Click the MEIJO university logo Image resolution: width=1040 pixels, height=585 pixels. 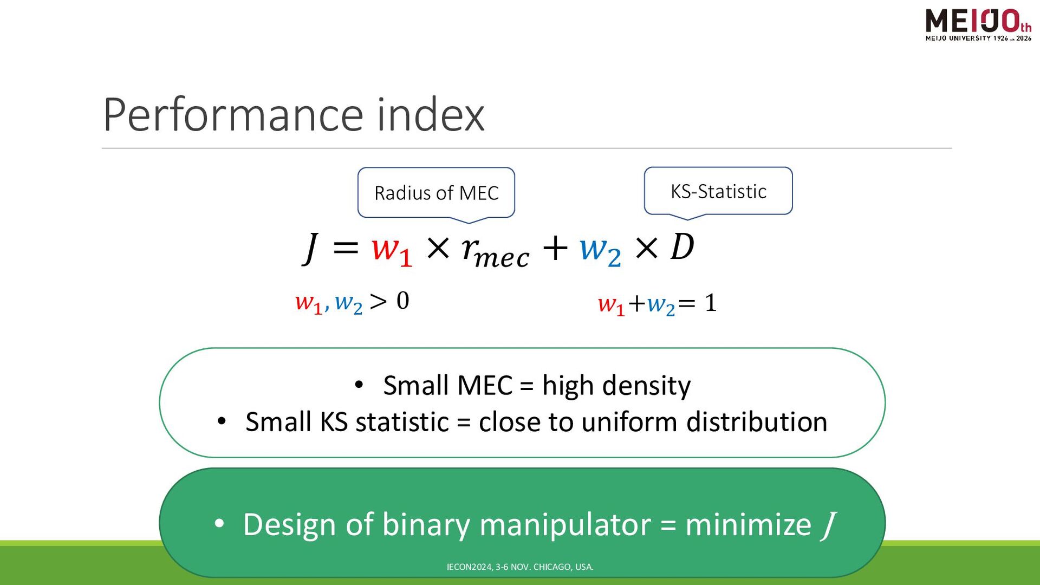(978, 25)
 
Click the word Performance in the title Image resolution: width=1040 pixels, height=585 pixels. (233, 114)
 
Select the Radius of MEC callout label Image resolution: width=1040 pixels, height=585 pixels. (436, 193)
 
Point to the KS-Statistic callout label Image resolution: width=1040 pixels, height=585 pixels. (718, 191)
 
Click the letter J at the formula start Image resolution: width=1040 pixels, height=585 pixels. (310, 248)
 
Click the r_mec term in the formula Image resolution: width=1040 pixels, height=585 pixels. (495, 252)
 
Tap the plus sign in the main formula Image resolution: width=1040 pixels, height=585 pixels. (555, 249)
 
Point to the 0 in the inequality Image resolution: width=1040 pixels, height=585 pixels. (402, 301)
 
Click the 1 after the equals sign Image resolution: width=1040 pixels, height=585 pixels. (711, 303)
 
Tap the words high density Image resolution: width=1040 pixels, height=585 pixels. (616, 386)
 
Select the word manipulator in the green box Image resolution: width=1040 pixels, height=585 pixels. (565, 525)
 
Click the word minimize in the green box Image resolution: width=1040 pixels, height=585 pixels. (748, 524)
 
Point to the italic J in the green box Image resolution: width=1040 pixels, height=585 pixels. (828, 525)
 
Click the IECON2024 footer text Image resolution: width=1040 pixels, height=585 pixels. (520, 567)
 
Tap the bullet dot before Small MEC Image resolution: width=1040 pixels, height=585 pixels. (359, 385)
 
